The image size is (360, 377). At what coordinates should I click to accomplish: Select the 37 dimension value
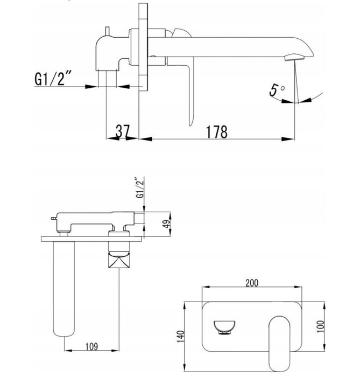123,131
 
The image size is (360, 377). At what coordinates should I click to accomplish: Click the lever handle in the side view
189,92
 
